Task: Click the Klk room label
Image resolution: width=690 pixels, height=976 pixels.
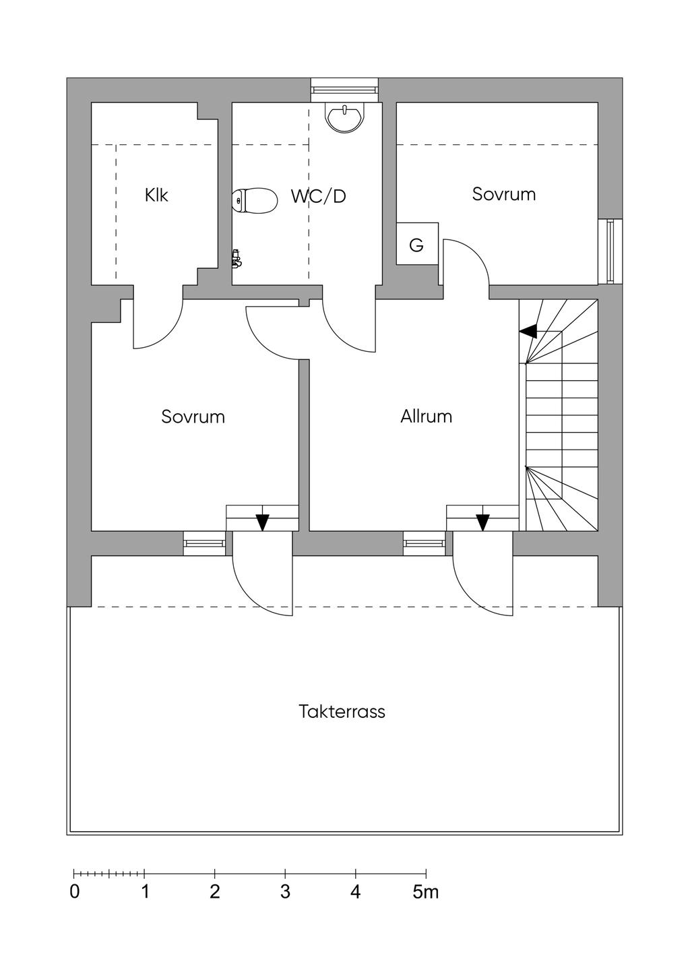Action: pyautogui.click(x=156, y=195)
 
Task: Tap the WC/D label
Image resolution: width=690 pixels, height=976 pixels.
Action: pyautogui.click(x=319, y=196)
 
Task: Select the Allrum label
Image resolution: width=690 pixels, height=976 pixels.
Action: pyautogui.click(x=426, y=417)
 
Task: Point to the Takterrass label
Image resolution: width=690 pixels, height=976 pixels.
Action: pyautogui.click(x=342, y=712)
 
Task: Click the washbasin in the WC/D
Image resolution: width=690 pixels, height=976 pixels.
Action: pyautogui.click(x=344, y=117)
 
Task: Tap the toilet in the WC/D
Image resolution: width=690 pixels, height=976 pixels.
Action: pyautogui.click(x=255, y=200)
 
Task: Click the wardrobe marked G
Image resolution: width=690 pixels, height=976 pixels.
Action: pyautogui.click(x=417, y=243)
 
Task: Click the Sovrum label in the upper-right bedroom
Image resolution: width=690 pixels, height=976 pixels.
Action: pyautogui.click(x=504, y=194)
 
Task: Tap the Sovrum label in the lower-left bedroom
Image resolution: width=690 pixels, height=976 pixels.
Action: pyautogui.click(x=193, y=417)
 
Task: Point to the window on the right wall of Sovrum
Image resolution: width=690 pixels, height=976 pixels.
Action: pyautogui.click(x=610, y=251)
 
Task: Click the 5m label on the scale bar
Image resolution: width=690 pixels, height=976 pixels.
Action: pyautogui.click(x=426, y=892)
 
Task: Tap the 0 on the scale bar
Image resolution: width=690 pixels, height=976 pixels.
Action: pyautogui.click(x=75, y=892)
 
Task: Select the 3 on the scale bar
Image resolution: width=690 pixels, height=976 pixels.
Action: pyautogui.click(x=285, y=892)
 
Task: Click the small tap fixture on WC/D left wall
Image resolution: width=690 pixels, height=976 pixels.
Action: pyautogui.click(x=237, y=258)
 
